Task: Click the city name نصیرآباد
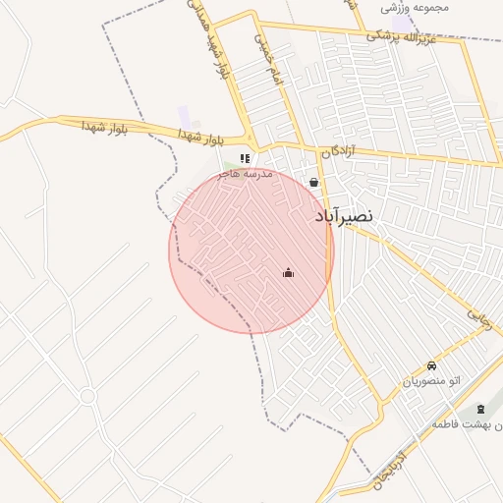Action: click(x=344, y=215)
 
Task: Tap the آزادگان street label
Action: click(x=337, y=151)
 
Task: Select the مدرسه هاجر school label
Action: click(x=245, y=173)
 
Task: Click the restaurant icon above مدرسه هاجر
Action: click(x=245, y=158)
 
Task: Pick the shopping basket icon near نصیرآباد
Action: click(x=313, y=182)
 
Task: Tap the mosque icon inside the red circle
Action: click(x=288, y=272)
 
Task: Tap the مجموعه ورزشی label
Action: click(x=417, y=8)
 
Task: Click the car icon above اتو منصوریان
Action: click(x=432, y=365)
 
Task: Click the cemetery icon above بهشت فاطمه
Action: click(x=479, y=409)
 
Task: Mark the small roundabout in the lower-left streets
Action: click(x=87, y=396)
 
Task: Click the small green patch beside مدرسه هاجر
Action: click(x=228, y=162)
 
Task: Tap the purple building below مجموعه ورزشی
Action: click(x=402, y=23)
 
